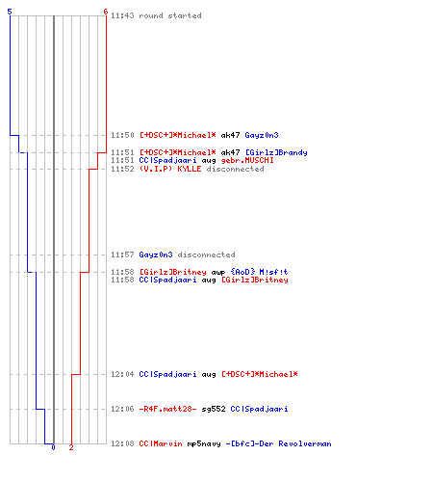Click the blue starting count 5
point(10,12)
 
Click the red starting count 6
point(106,12)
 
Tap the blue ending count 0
point(53,447)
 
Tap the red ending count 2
point(71,447)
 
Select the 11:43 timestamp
point(122,15)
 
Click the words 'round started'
point(170,15)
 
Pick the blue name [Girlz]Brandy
point(276,152)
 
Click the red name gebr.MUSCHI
point(247,160)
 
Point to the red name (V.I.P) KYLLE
point(170,169)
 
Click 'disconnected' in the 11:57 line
point(206,254)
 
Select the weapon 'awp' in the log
point(218,273)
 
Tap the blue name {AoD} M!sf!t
point(259,272)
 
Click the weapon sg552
point(214,409)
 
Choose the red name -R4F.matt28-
point(167,409)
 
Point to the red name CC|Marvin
point(161,443)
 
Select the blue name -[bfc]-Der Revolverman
point(278,443)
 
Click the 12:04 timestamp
point(122,374)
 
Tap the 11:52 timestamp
point(122,169)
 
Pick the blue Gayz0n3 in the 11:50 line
point(262,135)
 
